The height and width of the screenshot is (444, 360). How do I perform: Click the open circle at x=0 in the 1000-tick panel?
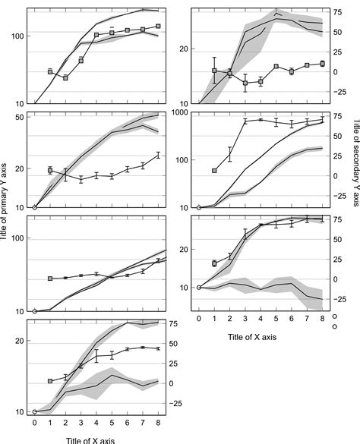(x=199, y=207)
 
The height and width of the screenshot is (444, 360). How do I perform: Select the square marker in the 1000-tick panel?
(x=214, y=171)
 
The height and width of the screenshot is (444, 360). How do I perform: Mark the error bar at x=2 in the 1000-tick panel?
(x=229, y=155)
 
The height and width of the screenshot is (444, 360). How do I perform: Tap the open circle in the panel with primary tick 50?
(x=35, y=207)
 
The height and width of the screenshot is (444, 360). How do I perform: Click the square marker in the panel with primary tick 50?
(x=50, y=171)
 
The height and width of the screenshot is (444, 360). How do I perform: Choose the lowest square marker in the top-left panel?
(x=65, y=77)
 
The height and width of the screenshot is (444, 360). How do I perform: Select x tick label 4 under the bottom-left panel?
(x=96, y=424)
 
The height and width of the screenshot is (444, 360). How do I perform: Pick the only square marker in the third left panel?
(x=50, y=279)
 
